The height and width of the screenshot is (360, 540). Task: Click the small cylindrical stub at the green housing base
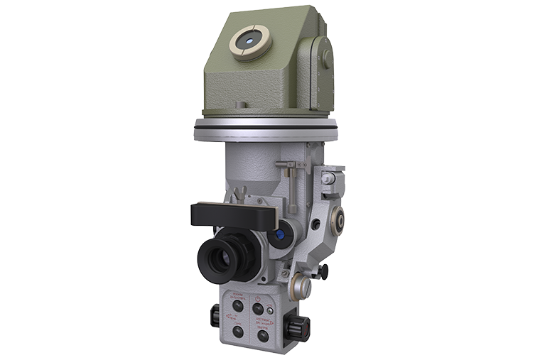pyautogui.click(x=241, y=105)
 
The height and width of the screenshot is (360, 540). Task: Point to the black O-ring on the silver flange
pyautogui.click(x=266, y=129)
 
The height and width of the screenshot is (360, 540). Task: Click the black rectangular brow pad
pyautogui.click(x=232, y=214)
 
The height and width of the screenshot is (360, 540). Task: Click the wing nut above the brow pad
pyautogui.click(x=242, y=192)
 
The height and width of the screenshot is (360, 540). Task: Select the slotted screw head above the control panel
pyautogui.click(x=300, y=287)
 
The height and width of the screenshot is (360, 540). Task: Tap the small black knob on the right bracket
pyautogui.click(x=323, y=270)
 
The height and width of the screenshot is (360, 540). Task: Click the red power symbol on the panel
pyautogui.click(x=257, y=298)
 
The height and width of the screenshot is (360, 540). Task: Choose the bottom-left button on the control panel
pyautogui.click(x=238, y=331)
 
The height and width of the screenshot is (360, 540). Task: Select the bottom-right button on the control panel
pyautogui.click(x=263, y=335)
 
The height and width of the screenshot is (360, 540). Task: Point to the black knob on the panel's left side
pyautogui.click(x=215, y=316)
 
